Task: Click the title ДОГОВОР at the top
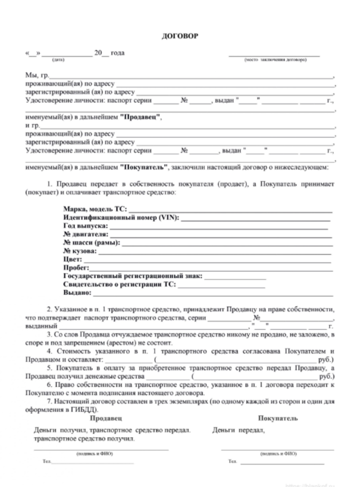click(x=180, y=36)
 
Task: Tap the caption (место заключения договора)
click(x=275, y=59)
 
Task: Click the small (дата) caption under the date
click(x=59, y=59)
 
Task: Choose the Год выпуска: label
click(x=84, y=227)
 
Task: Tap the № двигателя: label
click(x=85, y=235)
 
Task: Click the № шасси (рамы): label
click(x=91, y=243)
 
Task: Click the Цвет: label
click(x=72, y=260)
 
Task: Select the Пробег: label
click(x=75, y=268)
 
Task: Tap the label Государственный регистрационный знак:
click(x=132, y=277)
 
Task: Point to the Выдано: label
click(x=76, y=293)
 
